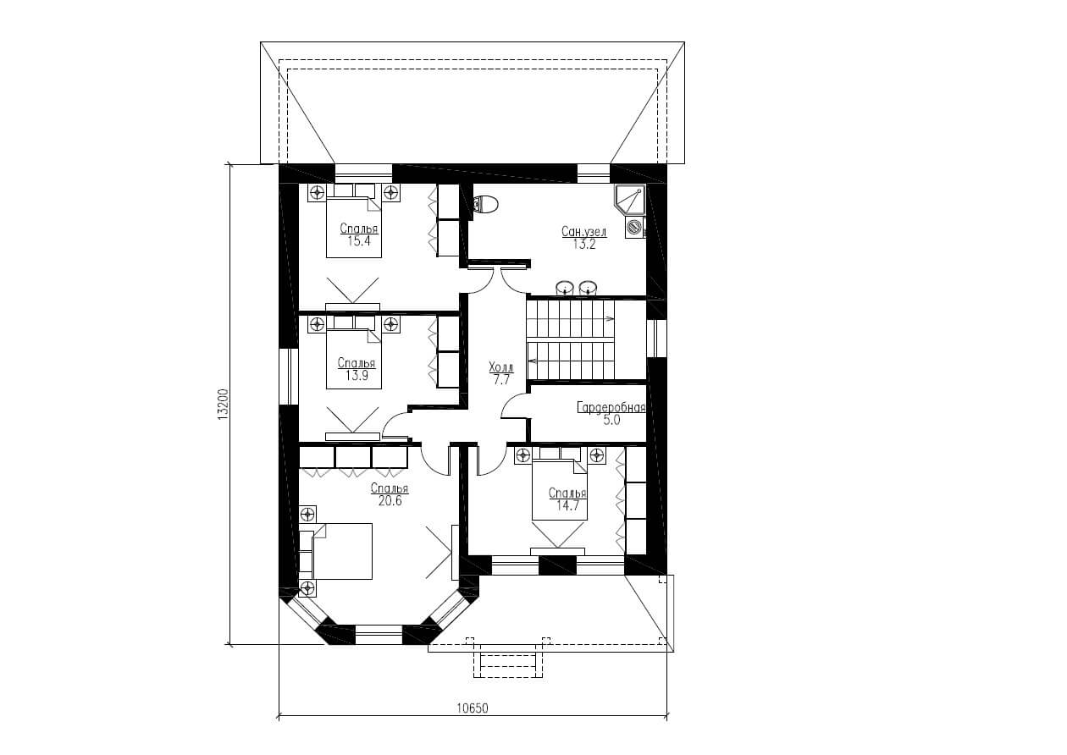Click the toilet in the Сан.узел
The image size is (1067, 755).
coord(485,204)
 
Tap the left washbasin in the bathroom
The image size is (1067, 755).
coord(566,288)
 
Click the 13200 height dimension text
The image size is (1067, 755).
coord(223,405)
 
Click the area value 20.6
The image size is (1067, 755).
coord(390,501)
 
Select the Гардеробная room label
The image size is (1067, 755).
coord(611,408)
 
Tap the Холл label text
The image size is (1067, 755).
coord(501,367)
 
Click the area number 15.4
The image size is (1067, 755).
coord(359,240)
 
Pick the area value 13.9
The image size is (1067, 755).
coord(357,376)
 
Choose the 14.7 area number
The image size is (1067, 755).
coord(567,505)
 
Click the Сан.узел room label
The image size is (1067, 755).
coord(584,232)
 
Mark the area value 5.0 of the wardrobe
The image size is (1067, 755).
coord(611,421)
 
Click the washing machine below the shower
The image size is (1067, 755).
coord(635,227)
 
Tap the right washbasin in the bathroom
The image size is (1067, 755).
coord(589,288)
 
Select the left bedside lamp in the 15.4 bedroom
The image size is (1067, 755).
coord(317,193)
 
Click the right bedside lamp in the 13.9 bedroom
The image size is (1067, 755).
coord(391,325)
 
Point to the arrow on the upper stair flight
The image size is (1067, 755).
coord(609,318)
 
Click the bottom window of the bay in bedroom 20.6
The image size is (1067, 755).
coord(379,635)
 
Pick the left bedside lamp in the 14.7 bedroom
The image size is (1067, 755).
coord(523,455)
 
